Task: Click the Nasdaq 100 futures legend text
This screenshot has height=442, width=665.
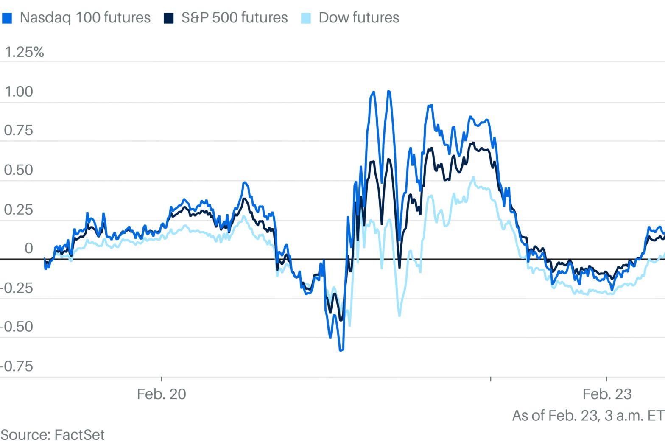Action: (85, 18)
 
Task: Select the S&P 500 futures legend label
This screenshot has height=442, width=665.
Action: (234, 18)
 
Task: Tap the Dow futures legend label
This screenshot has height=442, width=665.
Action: (359, 18)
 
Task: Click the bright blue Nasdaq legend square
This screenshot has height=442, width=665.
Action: (7, 18)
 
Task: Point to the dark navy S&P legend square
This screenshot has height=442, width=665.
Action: (169, 18)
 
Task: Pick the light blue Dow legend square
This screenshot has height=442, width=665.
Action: (306, 18)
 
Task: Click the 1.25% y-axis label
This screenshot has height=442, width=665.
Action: (24, 52)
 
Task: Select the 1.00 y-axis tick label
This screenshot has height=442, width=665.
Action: (18, 92)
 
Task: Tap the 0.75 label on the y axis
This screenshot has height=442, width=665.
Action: (18, 131)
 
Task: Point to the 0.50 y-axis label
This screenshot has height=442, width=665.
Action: (18, 170)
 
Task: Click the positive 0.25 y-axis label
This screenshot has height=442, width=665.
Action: (18, 210)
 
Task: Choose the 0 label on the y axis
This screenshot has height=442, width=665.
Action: (28, 248)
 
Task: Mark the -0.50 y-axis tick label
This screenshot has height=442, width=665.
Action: (17, 327)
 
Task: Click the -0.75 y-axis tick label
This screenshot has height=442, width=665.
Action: (17, 366)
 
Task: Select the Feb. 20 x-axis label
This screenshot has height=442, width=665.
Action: (161, 394)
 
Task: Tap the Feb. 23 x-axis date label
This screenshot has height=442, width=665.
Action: (607, 394)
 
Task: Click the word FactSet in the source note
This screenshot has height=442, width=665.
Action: (79, 435)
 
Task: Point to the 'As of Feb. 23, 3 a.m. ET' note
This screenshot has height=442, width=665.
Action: (588, 415)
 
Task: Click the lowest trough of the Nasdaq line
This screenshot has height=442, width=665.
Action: (341, 350)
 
